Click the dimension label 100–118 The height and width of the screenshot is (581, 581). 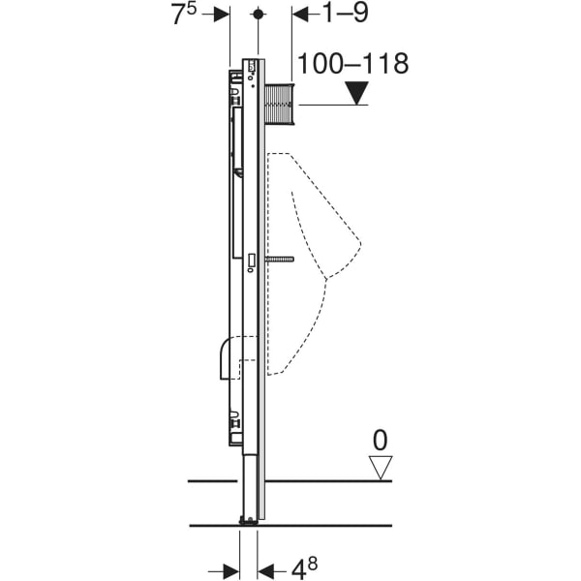click(x=352, y=65)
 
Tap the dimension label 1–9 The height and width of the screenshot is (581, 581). click(x=344, y=14)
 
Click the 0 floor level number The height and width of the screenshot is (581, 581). click(x=380, y=441)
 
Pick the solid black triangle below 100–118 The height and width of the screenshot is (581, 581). click(x=359, y=94)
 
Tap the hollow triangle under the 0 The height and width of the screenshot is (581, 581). click(x=380, y=468)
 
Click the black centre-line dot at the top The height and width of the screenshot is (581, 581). click(x=258, y=15)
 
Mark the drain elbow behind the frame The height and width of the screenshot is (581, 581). click(x=231, y=354)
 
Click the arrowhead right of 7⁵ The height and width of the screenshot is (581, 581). click(x=222, y=14)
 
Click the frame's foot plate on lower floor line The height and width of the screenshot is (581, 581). click(x=249, y=522)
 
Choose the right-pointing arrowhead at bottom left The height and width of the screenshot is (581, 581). click(x=232, y=569)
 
